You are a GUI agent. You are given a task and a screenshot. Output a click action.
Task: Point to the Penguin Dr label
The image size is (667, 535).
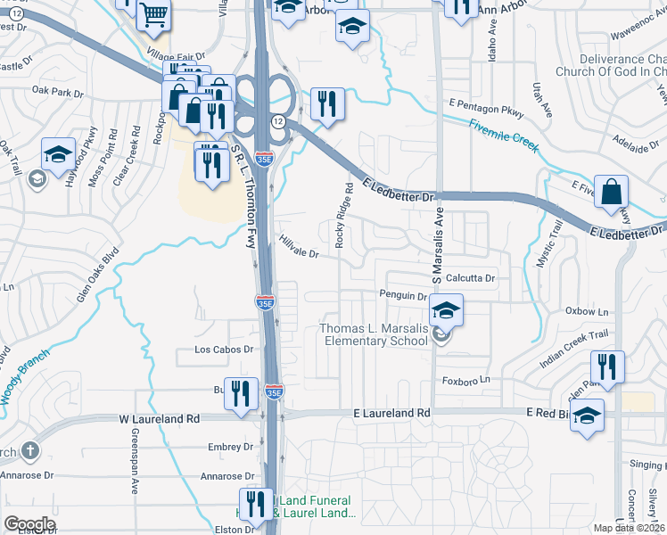(403, 295)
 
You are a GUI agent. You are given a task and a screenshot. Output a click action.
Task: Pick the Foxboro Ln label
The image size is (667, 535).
(468, 380)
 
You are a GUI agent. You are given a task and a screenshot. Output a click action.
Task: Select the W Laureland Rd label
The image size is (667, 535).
(160, 417)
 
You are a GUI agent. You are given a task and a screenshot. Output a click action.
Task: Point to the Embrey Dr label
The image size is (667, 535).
(230, 447)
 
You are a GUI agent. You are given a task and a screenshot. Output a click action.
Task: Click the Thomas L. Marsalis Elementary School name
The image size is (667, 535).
(375, 335)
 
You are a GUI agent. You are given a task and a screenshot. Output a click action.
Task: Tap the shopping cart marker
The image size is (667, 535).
(153, 12)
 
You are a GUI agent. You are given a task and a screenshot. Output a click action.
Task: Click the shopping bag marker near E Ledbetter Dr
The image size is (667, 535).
(613, 192)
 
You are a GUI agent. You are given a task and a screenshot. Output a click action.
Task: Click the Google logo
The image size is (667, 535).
(29, 524)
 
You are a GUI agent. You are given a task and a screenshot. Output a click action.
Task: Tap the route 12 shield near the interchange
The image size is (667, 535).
(279, 120)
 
